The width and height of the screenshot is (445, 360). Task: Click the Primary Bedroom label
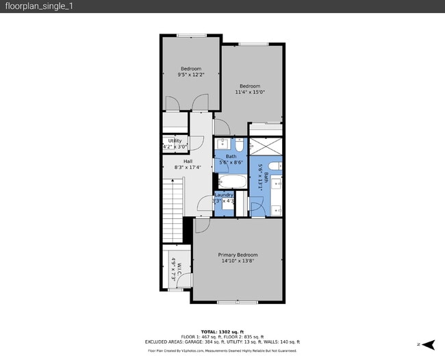click(238, 255)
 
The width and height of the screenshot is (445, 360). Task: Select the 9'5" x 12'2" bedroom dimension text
click(191, 75)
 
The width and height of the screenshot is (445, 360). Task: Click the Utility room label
click(175, 141)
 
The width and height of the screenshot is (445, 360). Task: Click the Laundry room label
click(224, 195)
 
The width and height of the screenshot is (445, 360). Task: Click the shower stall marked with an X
click(265, 146)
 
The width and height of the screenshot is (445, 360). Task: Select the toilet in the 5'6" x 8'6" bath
click(240, 144)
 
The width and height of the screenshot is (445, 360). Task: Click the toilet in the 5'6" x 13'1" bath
click(273, 166)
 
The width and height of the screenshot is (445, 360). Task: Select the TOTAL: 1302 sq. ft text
click(222, 331)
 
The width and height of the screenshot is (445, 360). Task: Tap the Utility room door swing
click(196, 142)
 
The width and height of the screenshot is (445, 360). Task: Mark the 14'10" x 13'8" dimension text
click(238, 261)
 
